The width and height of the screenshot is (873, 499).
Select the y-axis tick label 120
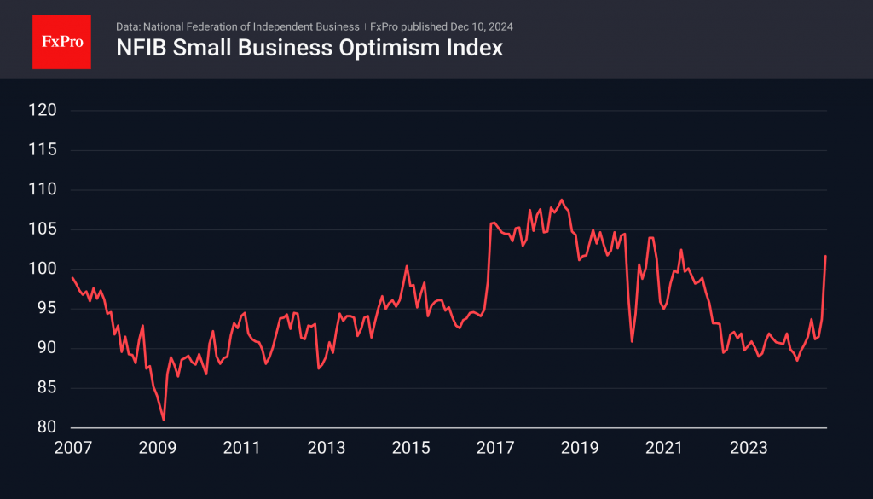pyautogui.click(x=43, y=110)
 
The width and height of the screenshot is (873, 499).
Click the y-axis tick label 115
pyautogui.click(x=43, y=150)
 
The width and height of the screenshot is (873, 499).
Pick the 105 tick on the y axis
pyautogui.click(x=43, y=229)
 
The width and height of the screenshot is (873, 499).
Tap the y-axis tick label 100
pyautogui.click(x=43, y=269)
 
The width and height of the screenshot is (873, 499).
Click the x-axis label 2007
pyautogui.click(x=72, y=447)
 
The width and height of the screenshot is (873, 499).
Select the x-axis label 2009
pyautogui.click(x=157, y=447)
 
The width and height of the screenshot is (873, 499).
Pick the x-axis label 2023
pyautogui.click(x=747, y=447)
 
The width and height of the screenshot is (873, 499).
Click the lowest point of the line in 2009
pyautogui.click(x=164, y=420)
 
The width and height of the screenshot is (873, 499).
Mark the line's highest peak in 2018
pyautogui.click(x=561, y=200)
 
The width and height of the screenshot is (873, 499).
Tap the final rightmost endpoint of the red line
pyautogui.click(x=826, y=256)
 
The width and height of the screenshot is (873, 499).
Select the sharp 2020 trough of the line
pyautogui.click(x=632, y=341)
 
